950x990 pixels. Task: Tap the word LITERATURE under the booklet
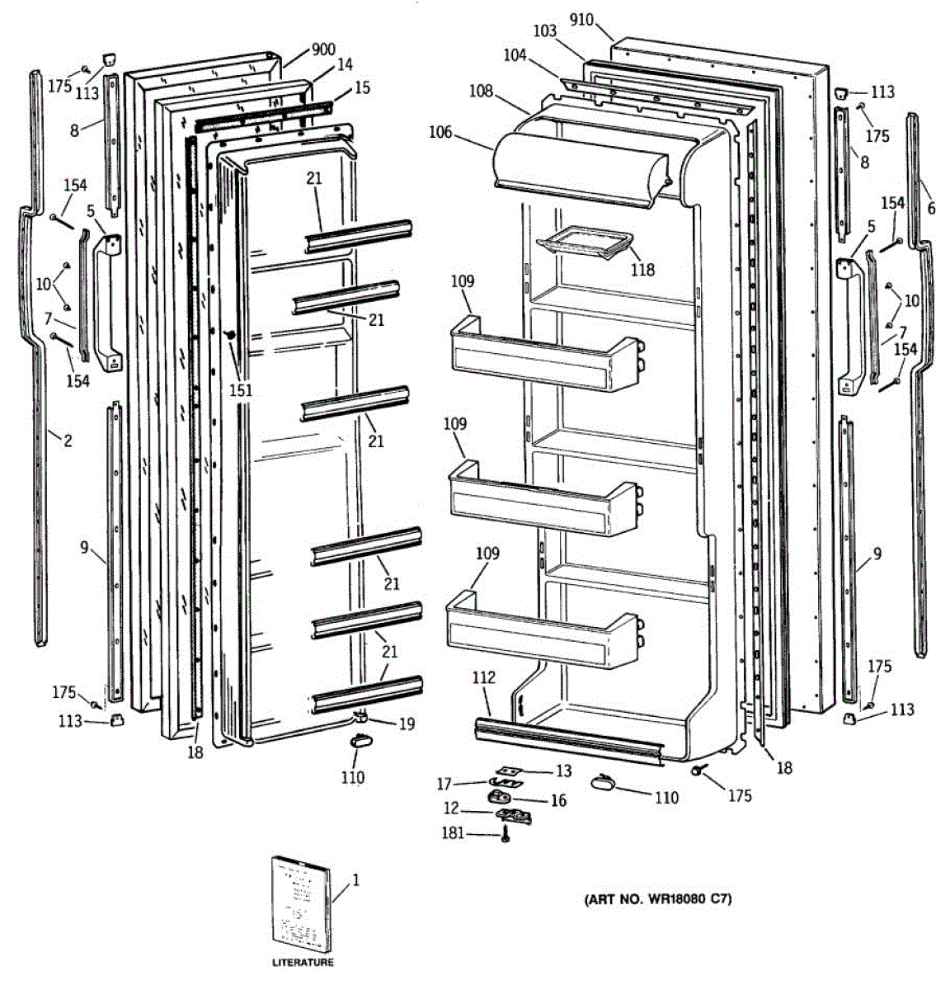click(303, 963)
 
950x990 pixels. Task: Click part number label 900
click(323, 49)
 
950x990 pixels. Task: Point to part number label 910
click(581, 19)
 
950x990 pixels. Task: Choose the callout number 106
click(441, 131)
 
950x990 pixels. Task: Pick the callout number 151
click(241, 390)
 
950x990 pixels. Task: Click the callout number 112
click(484, 677)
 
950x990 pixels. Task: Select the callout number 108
click(482, 92)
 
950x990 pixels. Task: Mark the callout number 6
click(931, 209)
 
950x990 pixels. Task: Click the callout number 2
click(68, 441)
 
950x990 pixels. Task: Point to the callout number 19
click(407, 725)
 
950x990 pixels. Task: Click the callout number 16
click(558, 800)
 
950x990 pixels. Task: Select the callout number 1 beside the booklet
click(356, 881)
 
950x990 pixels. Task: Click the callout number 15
click(363, 87)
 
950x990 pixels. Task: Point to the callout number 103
click(544, 31)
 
